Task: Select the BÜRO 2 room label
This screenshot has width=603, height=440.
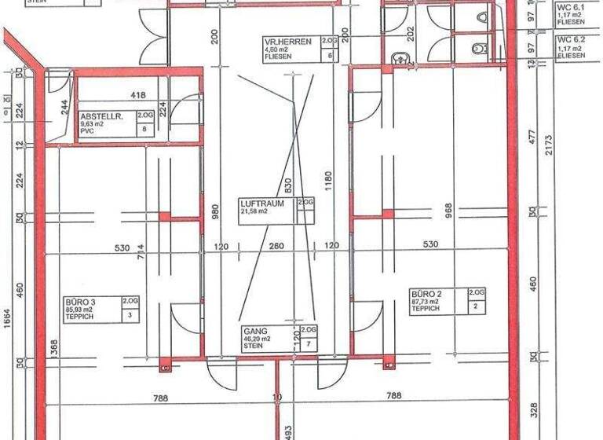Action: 429,295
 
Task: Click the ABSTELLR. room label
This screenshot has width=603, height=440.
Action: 98,115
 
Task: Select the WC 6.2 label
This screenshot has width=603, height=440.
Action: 570,38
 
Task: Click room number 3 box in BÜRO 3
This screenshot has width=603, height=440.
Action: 130,314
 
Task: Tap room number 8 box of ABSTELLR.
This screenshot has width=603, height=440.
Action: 144,130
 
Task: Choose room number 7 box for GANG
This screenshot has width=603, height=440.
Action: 310,344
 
